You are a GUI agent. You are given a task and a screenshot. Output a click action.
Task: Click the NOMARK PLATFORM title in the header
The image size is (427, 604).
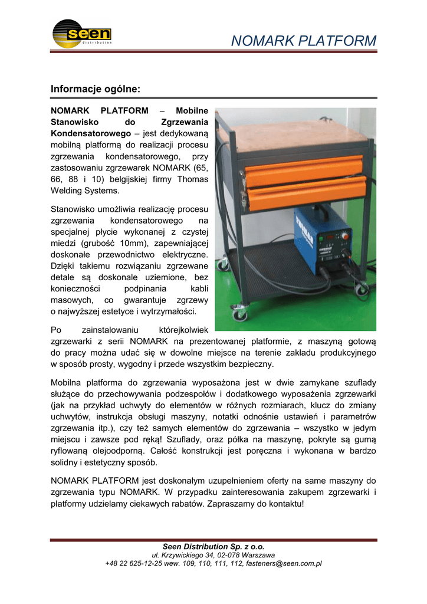[303, 41]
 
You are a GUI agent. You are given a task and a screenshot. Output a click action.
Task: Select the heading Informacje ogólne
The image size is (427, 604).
[95, 89]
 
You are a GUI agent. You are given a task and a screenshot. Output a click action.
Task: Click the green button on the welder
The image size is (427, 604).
[347, 238]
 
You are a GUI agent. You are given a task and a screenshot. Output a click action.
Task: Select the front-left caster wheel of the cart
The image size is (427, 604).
[239, 316]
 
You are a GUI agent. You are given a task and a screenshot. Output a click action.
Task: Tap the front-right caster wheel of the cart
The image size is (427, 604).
[361, 289]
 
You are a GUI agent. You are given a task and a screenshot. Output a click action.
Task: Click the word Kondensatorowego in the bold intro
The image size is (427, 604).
[87, 134]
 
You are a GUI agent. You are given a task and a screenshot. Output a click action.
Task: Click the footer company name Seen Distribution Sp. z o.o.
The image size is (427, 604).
[213, 547]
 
